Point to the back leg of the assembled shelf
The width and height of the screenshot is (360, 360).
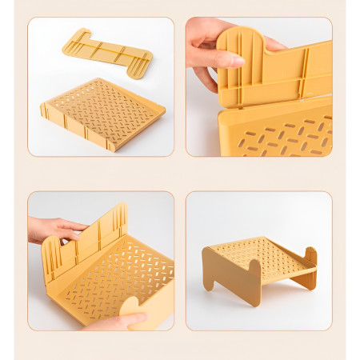pos(309,268)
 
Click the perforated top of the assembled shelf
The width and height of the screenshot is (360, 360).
pos(260,252)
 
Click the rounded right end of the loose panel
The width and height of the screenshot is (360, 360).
pos(142,66)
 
